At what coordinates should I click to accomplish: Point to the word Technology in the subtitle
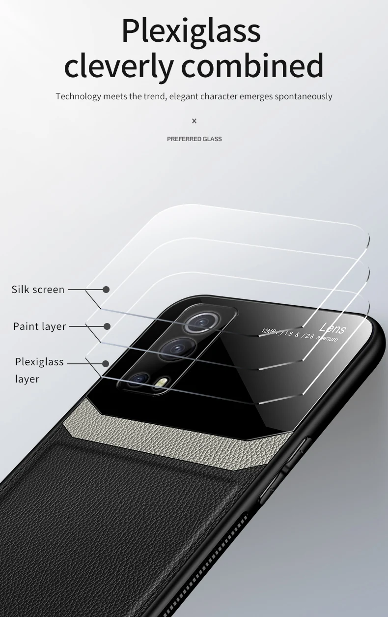(x=78, y=96)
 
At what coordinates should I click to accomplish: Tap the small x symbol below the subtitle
(x=194, y=121)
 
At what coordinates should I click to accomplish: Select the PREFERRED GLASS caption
(x=194, y=139)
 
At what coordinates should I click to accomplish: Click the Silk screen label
(x=38, y=290)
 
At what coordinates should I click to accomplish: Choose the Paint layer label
(x=39, y=326)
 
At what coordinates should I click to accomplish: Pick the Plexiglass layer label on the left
(x=39, y=370)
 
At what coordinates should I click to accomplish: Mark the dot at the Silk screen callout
(x=106, y=290)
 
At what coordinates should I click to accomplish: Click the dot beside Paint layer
(x=107, y=326)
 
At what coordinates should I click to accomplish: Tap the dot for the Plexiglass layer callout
(x=106, y=364)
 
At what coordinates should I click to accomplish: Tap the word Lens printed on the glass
(x=333, y=328)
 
